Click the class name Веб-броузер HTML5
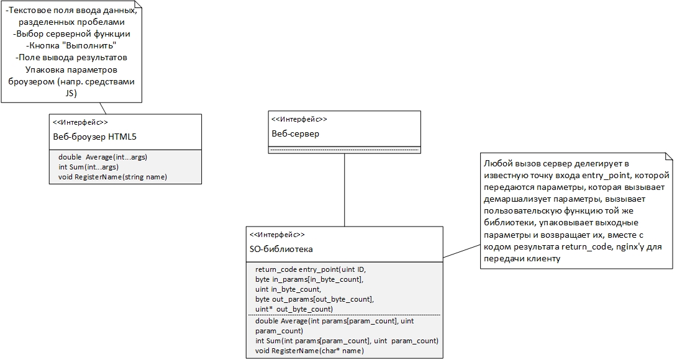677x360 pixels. pos(94,137)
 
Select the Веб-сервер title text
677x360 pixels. pos(295,134)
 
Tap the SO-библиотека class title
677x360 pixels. pos(281,249)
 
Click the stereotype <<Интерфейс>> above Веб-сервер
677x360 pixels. pos(299,119)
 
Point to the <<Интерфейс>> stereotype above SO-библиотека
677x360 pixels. pos(277,235)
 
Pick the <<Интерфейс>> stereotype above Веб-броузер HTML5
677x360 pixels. pos(80,122)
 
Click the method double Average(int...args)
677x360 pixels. pos(102,157)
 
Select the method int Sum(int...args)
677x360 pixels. pos(89,167)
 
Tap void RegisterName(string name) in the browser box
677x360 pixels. pos(112,177)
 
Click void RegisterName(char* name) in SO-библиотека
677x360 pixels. pos(309,351)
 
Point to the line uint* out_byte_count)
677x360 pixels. pos(294,309)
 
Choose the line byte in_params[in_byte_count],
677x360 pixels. pos(309,279)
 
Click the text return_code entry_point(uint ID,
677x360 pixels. pos(311,269)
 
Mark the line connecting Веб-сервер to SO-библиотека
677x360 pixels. pos(344,190)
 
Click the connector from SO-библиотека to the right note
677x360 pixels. pos(461,251)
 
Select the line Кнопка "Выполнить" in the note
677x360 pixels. pos(71,45)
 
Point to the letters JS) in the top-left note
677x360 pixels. pos(71,93)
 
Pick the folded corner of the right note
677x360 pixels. pos(669,156)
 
